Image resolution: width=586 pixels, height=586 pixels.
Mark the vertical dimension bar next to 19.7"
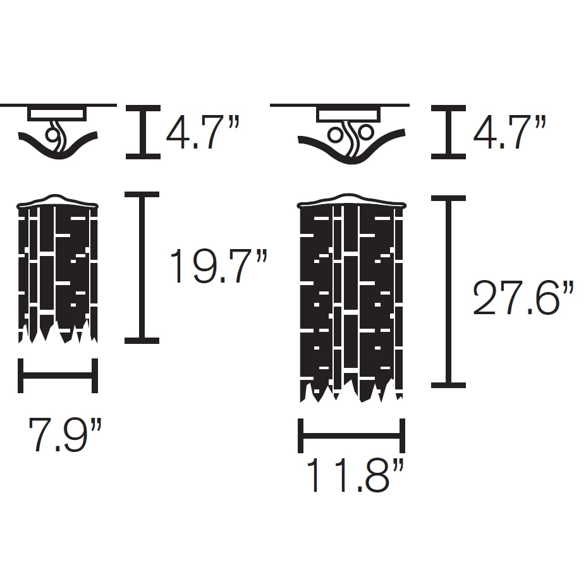tap(142, 268)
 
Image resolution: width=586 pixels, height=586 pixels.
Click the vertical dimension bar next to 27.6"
tap(448, 291)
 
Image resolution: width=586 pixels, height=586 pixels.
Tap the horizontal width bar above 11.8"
tap(351, 436)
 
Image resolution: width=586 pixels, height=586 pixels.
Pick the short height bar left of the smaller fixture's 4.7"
tap(142, 131)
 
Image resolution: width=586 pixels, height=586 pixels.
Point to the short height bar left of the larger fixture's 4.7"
tap(448, 131)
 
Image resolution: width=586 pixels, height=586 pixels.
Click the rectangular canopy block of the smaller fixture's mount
tap(58, 114)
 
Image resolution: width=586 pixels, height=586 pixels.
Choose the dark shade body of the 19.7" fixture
tap(58, 272)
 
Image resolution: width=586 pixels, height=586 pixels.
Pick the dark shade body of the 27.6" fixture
tap(350, 297)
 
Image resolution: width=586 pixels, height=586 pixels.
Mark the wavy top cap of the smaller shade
tap(58, 202)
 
